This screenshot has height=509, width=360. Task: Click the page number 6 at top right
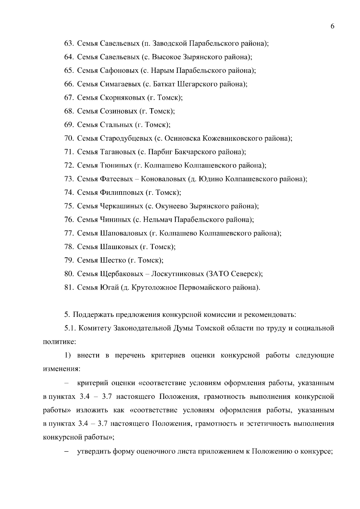332,26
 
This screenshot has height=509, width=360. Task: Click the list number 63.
69,43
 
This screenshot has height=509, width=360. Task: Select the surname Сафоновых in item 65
119,70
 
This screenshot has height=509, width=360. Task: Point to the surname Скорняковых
122,97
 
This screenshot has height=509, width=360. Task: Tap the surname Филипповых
121,192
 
